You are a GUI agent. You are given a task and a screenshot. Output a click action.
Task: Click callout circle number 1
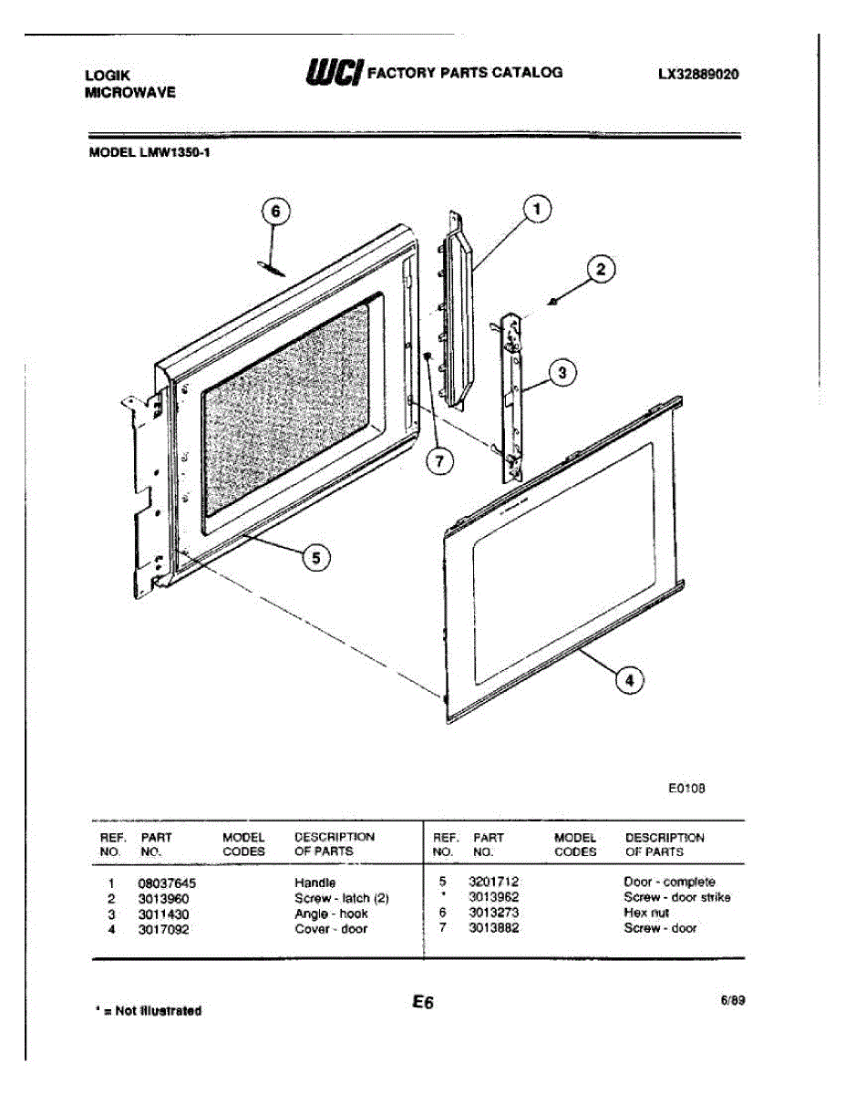(x=537, y=209)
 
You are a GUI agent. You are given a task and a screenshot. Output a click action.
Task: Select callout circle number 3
(x=562, y=372)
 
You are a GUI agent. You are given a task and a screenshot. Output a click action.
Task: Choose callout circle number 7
(x=439, y=462)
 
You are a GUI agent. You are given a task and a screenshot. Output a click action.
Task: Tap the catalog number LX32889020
(x=698, y=76)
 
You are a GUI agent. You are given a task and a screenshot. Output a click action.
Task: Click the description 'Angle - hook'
(x=331, y=913)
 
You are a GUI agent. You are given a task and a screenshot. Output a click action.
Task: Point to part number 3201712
(x=493, y=882)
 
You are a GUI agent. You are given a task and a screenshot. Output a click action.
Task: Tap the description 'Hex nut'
(x=646, y=913)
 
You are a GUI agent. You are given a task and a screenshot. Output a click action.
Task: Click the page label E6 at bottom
(x=422, y=1002)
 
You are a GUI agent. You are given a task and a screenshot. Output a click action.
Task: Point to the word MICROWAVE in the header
(x=130, y=92)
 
